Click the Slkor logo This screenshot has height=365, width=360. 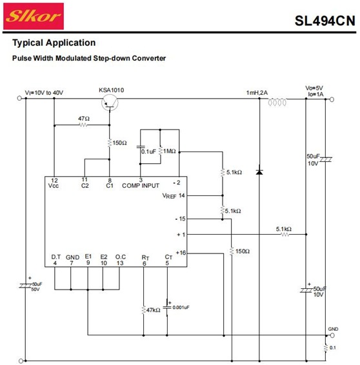click(34, 16)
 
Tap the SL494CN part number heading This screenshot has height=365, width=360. click(325, 21)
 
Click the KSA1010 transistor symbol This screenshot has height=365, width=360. click(110, 103)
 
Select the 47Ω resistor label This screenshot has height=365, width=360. click(84, 119)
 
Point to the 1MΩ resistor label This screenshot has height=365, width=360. click(169, 151)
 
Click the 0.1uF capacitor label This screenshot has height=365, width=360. click(148, 152)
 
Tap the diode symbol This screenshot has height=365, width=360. click(259, 172)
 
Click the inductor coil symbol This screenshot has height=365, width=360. click(277, 102)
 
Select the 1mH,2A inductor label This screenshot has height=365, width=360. click(257, 93)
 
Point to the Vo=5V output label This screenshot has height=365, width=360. click(314, 88)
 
